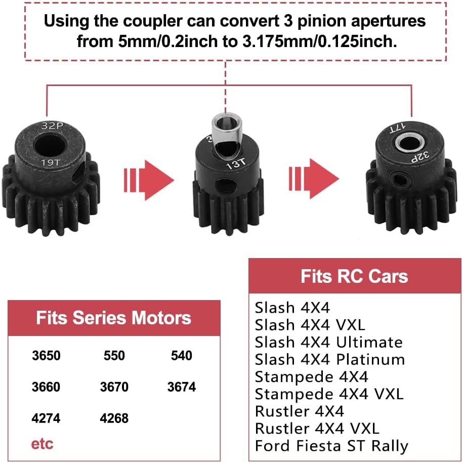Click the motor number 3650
click(x=46, y=356)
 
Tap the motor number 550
click(x=114, y=356)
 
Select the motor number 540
click(x=182, y=356)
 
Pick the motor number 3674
click(x=182, y=387)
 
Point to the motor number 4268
click(x=114, y=418)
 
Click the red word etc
click(x=42, y=444)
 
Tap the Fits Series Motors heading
click(x=114, y=318)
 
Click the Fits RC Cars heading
click(x=354, y=276)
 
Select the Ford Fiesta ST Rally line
click(x=331, y=446)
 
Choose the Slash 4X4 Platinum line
click(x=330, y=360)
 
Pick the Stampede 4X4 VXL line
click(x=329, y=394)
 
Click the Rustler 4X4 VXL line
click(x=317, y=429)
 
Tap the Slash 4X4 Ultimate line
click(x=329, y=342)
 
